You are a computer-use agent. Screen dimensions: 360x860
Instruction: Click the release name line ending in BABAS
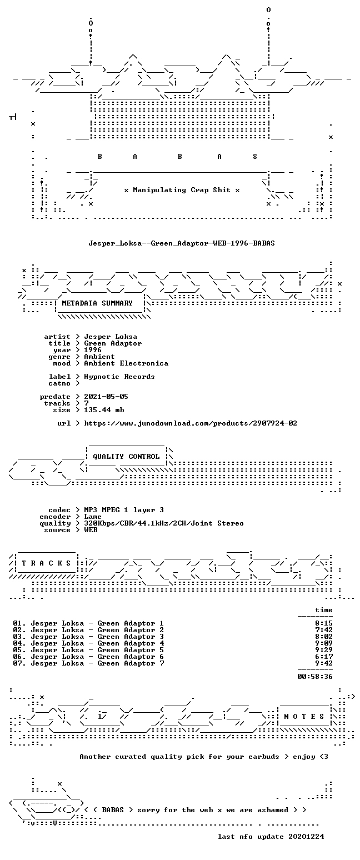[182, 243]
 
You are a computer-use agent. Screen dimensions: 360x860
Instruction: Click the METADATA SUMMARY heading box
[97, 303]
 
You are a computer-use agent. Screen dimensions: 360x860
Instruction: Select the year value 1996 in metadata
[93, 350]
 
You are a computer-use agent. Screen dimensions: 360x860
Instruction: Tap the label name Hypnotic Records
[119, 376]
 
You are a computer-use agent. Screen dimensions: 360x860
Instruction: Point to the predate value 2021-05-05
[106, 396]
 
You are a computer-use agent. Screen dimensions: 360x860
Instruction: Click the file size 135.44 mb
[104, 409]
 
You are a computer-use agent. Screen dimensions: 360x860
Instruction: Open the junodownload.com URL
[191, 423]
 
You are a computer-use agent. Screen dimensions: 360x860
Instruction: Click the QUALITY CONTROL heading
[126, 457]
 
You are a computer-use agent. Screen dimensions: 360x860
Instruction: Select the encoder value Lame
[93, 516]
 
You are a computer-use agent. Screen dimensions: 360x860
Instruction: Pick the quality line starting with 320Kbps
[164, 523]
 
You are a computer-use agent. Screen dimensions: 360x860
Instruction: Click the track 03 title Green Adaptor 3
[131, 636]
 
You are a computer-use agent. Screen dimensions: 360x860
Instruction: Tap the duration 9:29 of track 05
[324, 649]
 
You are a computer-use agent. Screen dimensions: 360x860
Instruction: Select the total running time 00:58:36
[315, 676]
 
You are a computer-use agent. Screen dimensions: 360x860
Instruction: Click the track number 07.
[19, 663]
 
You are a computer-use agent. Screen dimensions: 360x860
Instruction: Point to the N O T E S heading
[304, 717]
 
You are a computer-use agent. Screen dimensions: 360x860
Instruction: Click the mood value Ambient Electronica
[126, 363]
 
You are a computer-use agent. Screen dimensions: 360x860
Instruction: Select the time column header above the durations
[324, 609]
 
